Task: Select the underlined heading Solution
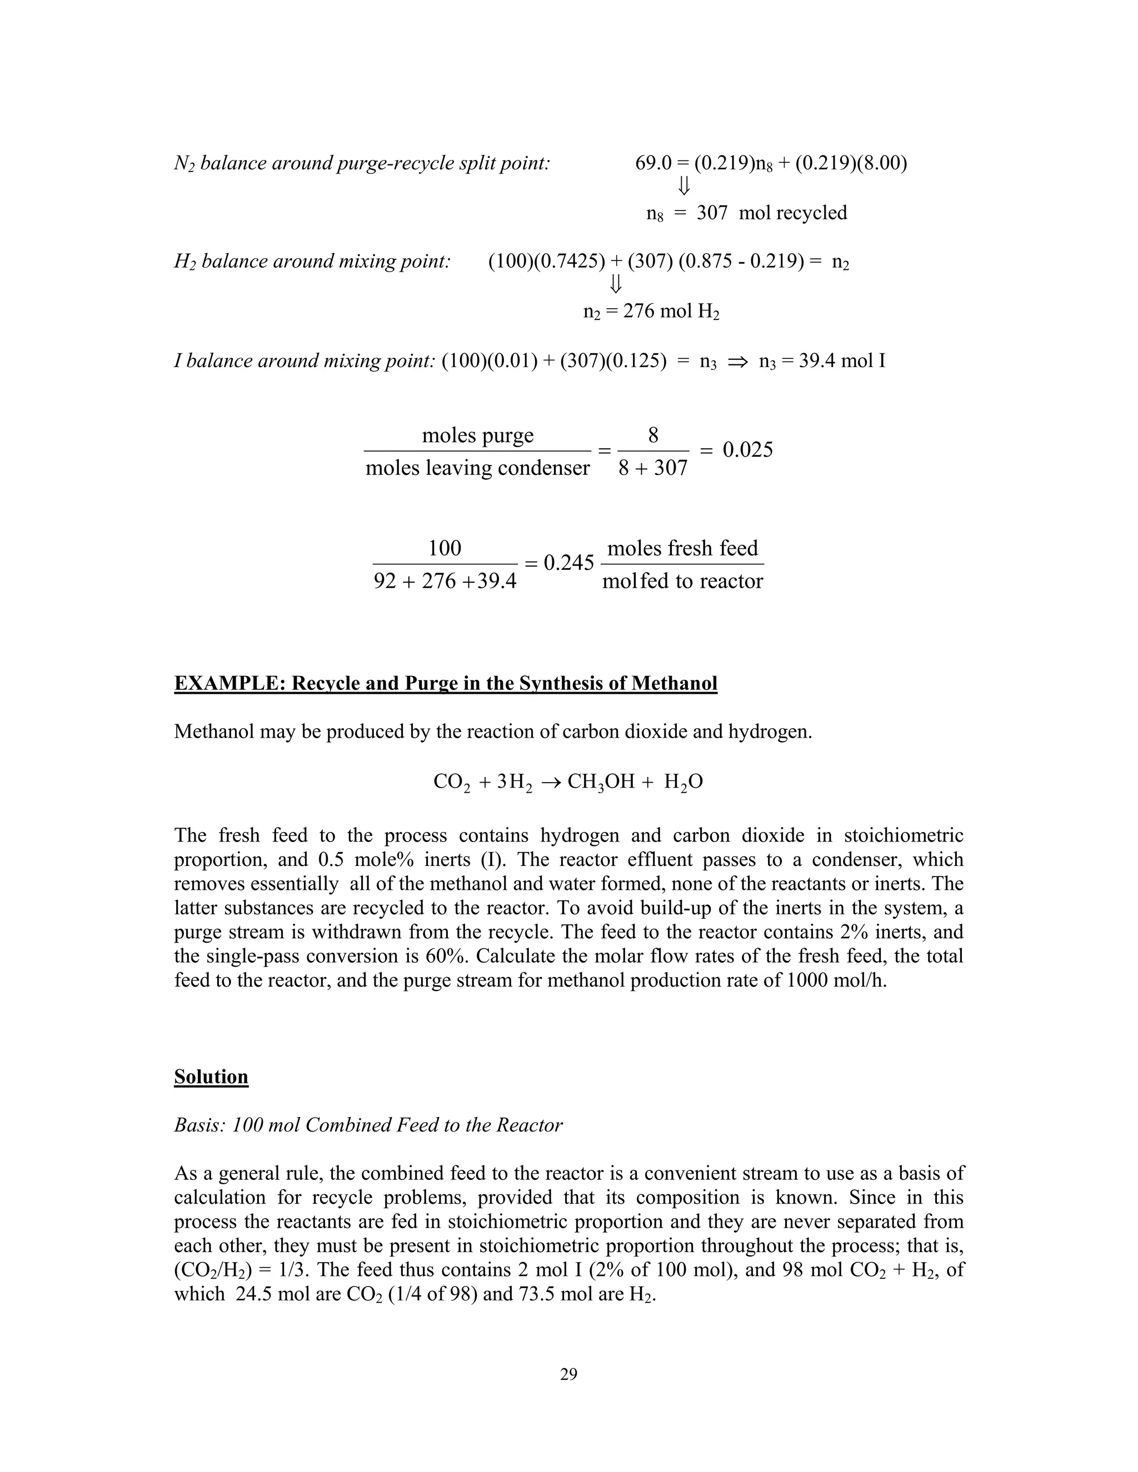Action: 211,1077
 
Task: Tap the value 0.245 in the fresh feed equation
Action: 568,563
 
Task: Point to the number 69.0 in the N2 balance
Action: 653,163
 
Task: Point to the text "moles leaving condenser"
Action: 477,468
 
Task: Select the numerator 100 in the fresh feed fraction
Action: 445,548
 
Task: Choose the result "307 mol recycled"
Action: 771,213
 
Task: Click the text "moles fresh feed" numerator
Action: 682,548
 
